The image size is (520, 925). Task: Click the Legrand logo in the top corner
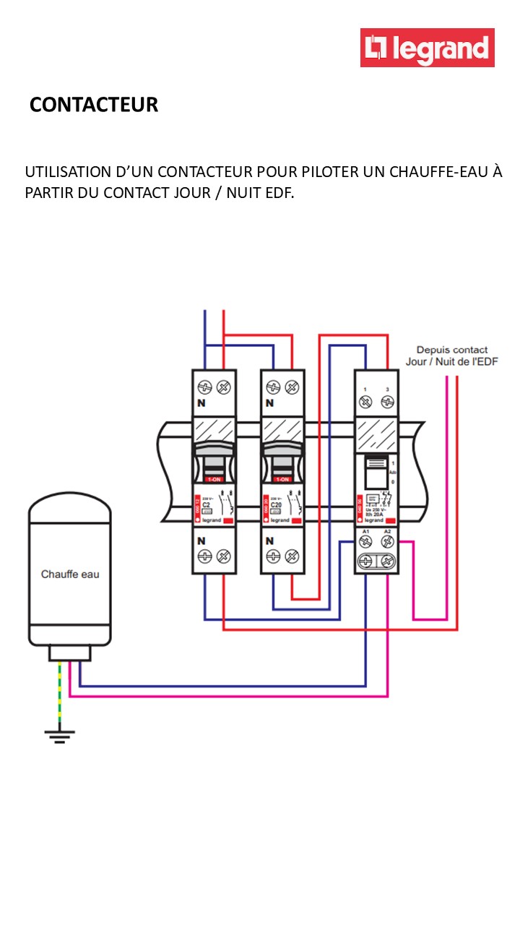(427, 48)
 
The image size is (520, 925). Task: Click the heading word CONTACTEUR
(94, 105)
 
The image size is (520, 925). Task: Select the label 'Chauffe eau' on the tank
(70, 575)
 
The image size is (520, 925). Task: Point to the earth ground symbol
(59, 736)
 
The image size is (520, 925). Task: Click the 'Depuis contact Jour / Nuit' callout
(452, 356)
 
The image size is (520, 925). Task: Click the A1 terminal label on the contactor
(365, 532)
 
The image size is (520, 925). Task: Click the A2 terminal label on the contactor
(387, 532)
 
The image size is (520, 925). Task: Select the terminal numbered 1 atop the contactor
(365, 390)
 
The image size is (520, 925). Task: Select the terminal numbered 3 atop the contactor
(388, 390)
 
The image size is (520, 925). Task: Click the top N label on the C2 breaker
(201, 403)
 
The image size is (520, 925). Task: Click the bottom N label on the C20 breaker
(270, 541)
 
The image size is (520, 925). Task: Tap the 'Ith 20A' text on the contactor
(374, 514)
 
